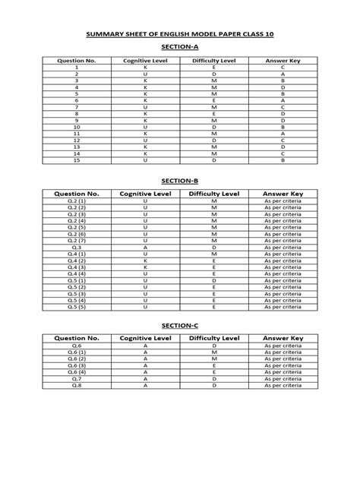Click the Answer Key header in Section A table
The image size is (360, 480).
282,58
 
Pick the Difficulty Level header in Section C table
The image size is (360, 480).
215,337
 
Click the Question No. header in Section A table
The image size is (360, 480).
77,58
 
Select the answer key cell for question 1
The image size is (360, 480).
282,68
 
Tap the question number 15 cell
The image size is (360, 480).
77,160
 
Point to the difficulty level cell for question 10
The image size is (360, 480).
215,127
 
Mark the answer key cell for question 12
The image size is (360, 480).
282,141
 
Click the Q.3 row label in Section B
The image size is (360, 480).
77,247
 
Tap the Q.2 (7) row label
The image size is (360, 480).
77,240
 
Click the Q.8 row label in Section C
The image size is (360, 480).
77,385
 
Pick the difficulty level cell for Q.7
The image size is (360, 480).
215,378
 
